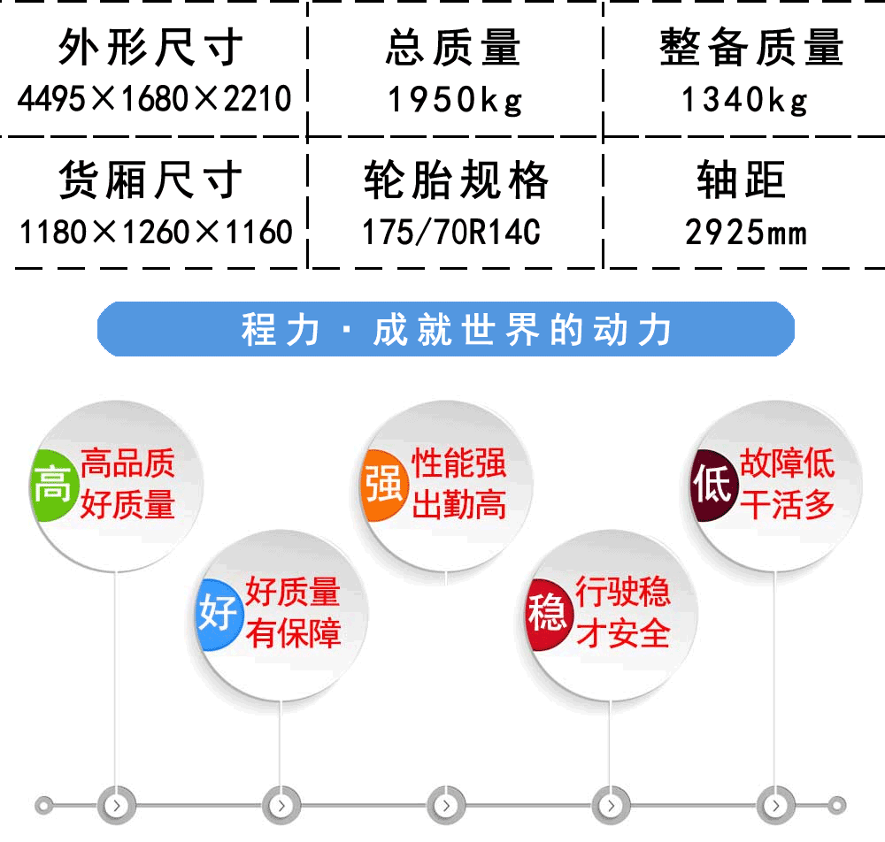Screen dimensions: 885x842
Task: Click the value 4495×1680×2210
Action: point(154,99)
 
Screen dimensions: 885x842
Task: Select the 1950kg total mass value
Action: point(455,101)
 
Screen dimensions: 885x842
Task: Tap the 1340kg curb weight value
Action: point(744,101)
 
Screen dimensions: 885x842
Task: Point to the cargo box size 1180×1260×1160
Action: point(156,232)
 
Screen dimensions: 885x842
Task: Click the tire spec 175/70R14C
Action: point(451,232)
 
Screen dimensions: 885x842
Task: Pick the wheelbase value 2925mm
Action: point(746,233)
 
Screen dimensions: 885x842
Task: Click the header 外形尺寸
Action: point(150,48)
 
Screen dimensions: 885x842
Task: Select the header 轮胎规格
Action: point(456,180)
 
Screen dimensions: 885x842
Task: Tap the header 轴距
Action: point(741,180)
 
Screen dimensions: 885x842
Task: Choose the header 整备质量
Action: point(751,48)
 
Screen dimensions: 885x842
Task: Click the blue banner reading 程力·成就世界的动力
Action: point(446,329)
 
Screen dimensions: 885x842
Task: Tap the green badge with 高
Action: point(53,485)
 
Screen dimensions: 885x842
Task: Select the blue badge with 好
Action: point(219,614)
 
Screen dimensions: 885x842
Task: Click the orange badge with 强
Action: point(384,485)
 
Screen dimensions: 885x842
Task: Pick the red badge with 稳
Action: point(547,614)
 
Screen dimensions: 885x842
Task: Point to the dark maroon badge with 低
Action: point(713,485)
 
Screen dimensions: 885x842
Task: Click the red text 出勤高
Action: point(458,504)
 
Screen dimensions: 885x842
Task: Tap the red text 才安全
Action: point(622,632)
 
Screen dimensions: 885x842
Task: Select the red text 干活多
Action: point(787,504)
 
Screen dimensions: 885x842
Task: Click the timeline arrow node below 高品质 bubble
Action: point(116,806)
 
